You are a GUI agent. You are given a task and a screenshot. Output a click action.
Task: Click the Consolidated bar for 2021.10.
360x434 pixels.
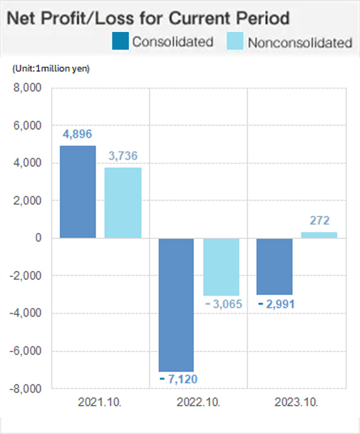click(x=78, y=192)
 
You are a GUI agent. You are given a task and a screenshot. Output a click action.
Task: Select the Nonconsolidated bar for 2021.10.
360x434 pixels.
click(x=123, y=203)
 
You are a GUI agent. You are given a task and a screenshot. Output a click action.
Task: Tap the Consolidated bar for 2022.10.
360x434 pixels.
click(x=176, y=305)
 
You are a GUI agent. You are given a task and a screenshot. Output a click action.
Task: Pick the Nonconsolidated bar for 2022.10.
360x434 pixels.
click(x=221, y=267)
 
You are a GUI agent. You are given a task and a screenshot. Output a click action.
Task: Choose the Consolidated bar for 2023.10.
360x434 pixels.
click(x=275, y=266)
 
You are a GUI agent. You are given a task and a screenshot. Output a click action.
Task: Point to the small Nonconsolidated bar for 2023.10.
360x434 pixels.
click(x=319, y=235)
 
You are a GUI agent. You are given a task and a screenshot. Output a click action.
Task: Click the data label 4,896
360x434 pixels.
click(x=78, y=134)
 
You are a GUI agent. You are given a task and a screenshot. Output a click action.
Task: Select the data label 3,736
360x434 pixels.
click(x=123, y=157)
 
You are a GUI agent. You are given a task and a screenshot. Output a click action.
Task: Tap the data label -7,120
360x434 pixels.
click(x=177, y=379)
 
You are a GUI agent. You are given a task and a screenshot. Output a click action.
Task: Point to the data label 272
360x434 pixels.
click(x=319, y=221)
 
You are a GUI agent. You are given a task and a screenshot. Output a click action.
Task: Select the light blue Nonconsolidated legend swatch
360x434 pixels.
click(x=235, y=41)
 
